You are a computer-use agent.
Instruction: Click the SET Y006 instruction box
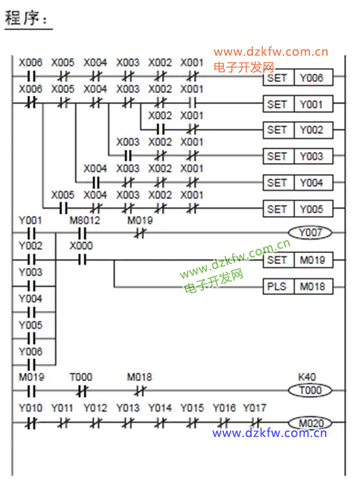298,78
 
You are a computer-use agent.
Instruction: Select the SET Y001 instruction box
298,104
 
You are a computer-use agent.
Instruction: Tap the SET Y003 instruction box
298,157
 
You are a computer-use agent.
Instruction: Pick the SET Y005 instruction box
298,209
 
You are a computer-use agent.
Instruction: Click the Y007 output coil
310,233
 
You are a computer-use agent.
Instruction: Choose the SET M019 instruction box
298,260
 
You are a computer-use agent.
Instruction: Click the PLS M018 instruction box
298,286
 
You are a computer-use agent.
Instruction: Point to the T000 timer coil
310,390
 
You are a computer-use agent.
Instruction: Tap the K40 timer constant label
307,377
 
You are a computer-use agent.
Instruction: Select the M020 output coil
310,423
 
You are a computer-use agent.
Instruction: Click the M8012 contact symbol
82,234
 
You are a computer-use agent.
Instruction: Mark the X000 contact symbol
82,260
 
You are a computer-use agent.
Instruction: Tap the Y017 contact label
254,408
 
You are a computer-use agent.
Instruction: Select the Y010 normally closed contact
31,423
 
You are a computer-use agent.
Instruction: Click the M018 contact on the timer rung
141,391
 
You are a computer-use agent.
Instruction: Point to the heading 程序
27,17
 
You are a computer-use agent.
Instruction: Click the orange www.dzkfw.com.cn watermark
271,52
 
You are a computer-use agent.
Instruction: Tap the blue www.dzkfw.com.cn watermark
269,433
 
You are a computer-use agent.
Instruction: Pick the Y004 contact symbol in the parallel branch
31,312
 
